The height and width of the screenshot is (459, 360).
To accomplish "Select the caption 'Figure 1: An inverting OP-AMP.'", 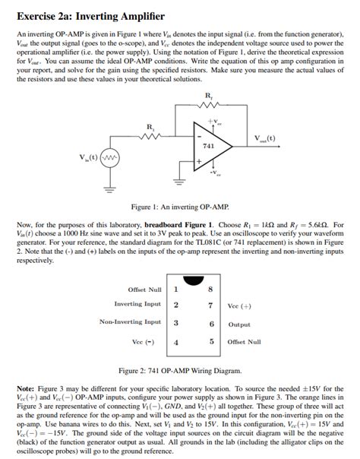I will click(x=179, y=207).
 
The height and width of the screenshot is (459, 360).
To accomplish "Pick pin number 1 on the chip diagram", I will click(x=176, y=289).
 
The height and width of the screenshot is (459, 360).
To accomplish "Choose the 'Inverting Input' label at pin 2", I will click(x=137, y=304).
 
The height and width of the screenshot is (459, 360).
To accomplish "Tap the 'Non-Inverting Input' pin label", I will click(x=130, y=322).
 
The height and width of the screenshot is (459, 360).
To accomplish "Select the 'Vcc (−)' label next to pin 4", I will click(x=144, y=342).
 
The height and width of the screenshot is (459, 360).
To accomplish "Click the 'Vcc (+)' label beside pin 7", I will click(x=240, y=306).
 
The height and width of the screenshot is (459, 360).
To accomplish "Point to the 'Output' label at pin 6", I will click(x=239, y=324).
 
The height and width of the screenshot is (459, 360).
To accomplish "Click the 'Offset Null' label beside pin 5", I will click(x=244, y=342).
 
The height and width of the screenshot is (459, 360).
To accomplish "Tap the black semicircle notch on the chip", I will click(x=194, y=279).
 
